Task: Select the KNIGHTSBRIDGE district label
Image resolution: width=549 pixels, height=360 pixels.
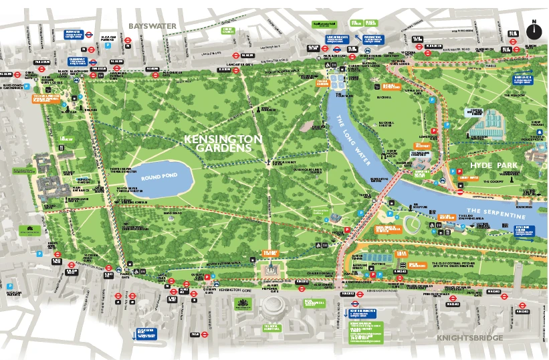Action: click(469, 338)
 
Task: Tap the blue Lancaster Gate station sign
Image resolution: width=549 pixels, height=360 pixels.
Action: click(338, 38)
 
